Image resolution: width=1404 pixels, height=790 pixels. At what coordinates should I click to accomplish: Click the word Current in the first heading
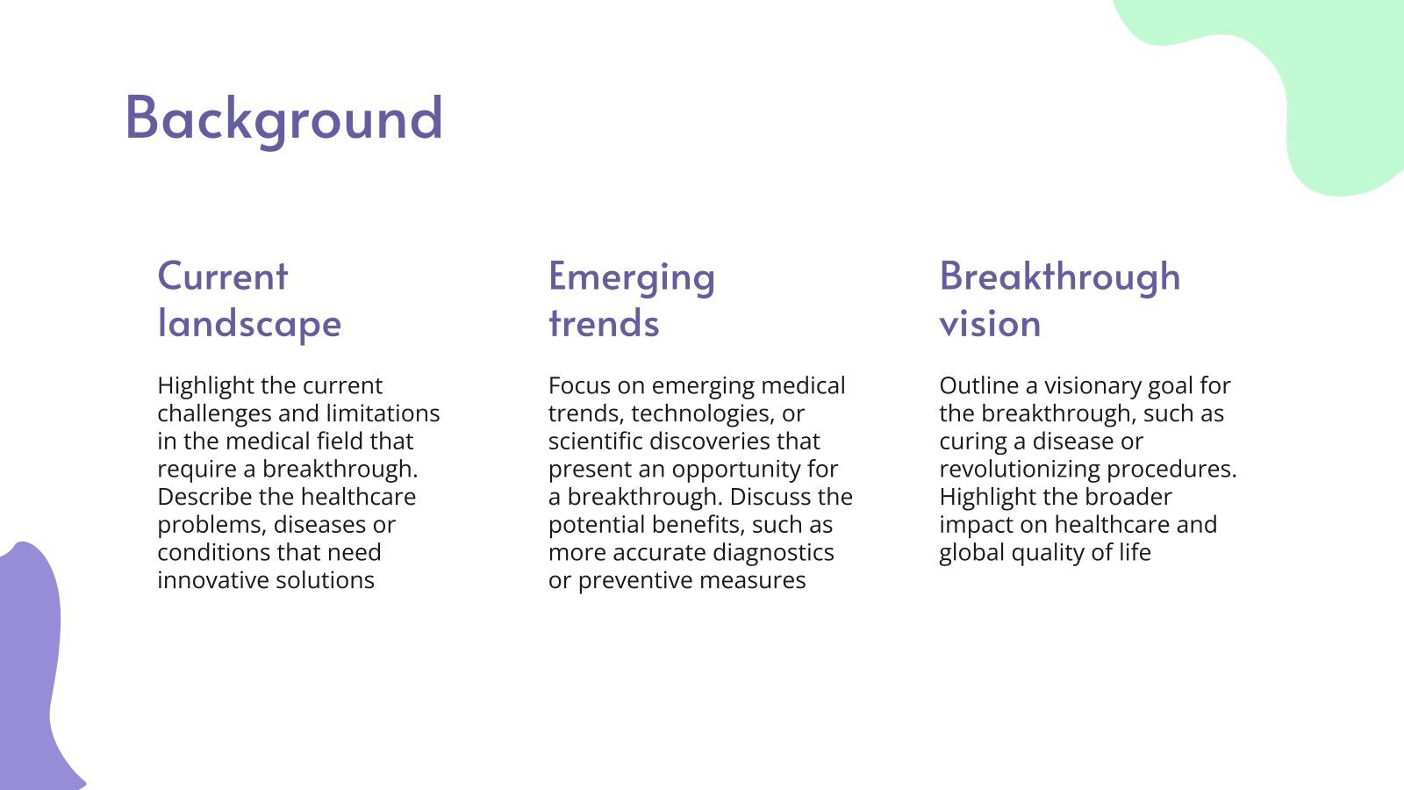(223, 276)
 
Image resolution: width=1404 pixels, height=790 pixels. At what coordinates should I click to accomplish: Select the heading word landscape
(249, 324)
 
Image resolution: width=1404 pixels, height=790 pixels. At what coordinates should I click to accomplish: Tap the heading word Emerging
(632, 277)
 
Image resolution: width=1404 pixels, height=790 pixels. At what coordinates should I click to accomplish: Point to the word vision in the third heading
(990, 324)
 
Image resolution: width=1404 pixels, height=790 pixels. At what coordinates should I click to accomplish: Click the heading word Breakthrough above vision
(1060, 276)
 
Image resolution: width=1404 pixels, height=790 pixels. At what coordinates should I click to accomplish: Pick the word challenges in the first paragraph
(214, 413)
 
